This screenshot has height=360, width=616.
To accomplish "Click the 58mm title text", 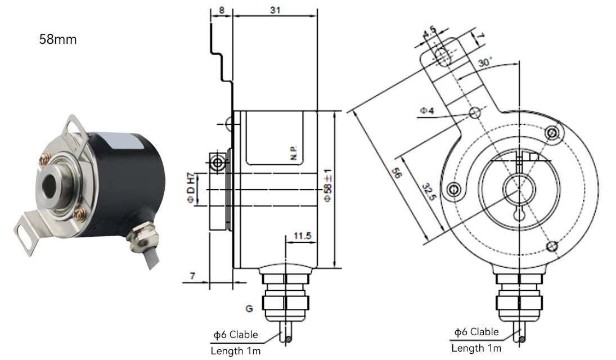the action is click(x=58, y=39).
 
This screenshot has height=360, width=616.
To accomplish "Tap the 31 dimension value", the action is click(x=275, y=10).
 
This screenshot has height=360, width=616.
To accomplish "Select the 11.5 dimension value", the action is click(x=302, y=236).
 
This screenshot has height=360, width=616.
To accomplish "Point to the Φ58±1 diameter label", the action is click(x=328, y=186).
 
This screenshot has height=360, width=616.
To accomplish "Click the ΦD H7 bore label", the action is click(x=191, y=188).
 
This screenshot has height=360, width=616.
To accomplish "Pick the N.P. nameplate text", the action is click(x=294, y=152).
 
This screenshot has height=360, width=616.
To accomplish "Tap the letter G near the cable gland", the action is click(x=249, y=308).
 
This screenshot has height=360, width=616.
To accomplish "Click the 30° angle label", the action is click(x=485, y=62).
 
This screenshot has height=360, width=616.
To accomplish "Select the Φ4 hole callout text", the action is click(x=427, y=111).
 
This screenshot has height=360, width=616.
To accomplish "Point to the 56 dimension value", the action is click(x=397, y=173).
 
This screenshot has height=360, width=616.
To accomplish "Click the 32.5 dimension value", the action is click(x=429, y=191).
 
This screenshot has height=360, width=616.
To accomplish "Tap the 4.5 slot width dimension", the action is click(x=429, y=32).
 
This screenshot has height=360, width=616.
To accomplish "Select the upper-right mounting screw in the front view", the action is click(x=552, y=132).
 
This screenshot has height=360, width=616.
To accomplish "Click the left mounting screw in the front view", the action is click(x=454, y=190).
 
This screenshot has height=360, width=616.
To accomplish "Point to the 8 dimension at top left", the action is click(x=222, y=10).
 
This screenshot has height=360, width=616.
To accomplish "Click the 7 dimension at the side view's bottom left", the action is click(x=192, y=276).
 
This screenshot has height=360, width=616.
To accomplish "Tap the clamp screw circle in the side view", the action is click(x=217, y=163).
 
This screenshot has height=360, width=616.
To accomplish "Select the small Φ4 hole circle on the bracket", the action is click(x=475, y=113).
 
